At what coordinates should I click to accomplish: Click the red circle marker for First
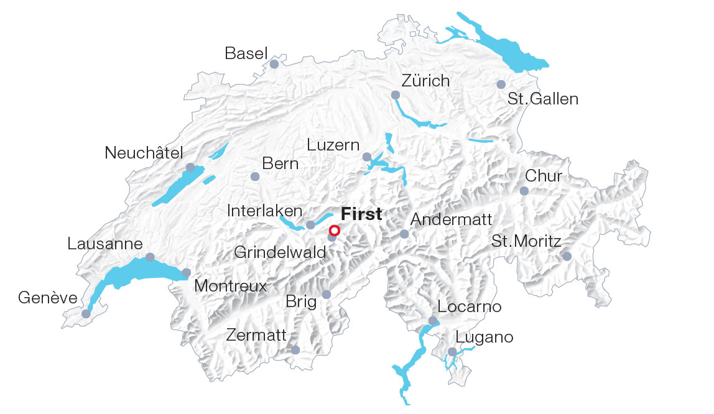click(334, 230)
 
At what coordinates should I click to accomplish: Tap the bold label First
click(361, 214)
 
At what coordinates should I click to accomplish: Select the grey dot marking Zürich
click(396, 95)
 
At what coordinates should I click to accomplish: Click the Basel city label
click(246, 53)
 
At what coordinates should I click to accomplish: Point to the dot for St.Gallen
click(501, 85)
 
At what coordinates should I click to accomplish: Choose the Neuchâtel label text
click(144, 153)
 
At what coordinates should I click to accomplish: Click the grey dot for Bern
click(254, 177)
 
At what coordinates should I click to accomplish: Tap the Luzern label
click(333, 145)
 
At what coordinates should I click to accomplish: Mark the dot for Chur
click(524, 191)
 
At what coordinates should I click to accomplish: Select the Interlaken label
click(265, 211)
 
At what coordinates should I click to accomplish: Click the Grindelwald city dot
click(332, 237)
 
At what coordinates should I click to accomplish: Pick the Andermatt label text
click(452, 219)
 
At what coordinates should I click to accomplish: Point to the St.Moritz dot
click(567, 256)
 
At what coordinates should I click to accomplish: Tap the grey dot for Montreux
click(186, 273)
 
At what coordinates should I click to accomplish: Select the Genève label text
click(48, 298)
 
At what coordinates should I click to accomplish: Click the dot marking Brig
click(327, 295)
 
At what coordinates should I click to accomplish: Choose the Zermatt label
click(256, 336)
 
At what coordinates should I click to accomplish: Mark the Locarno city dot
click(433, 321)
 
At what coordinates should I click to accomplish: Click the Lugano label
click(484, 338)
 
